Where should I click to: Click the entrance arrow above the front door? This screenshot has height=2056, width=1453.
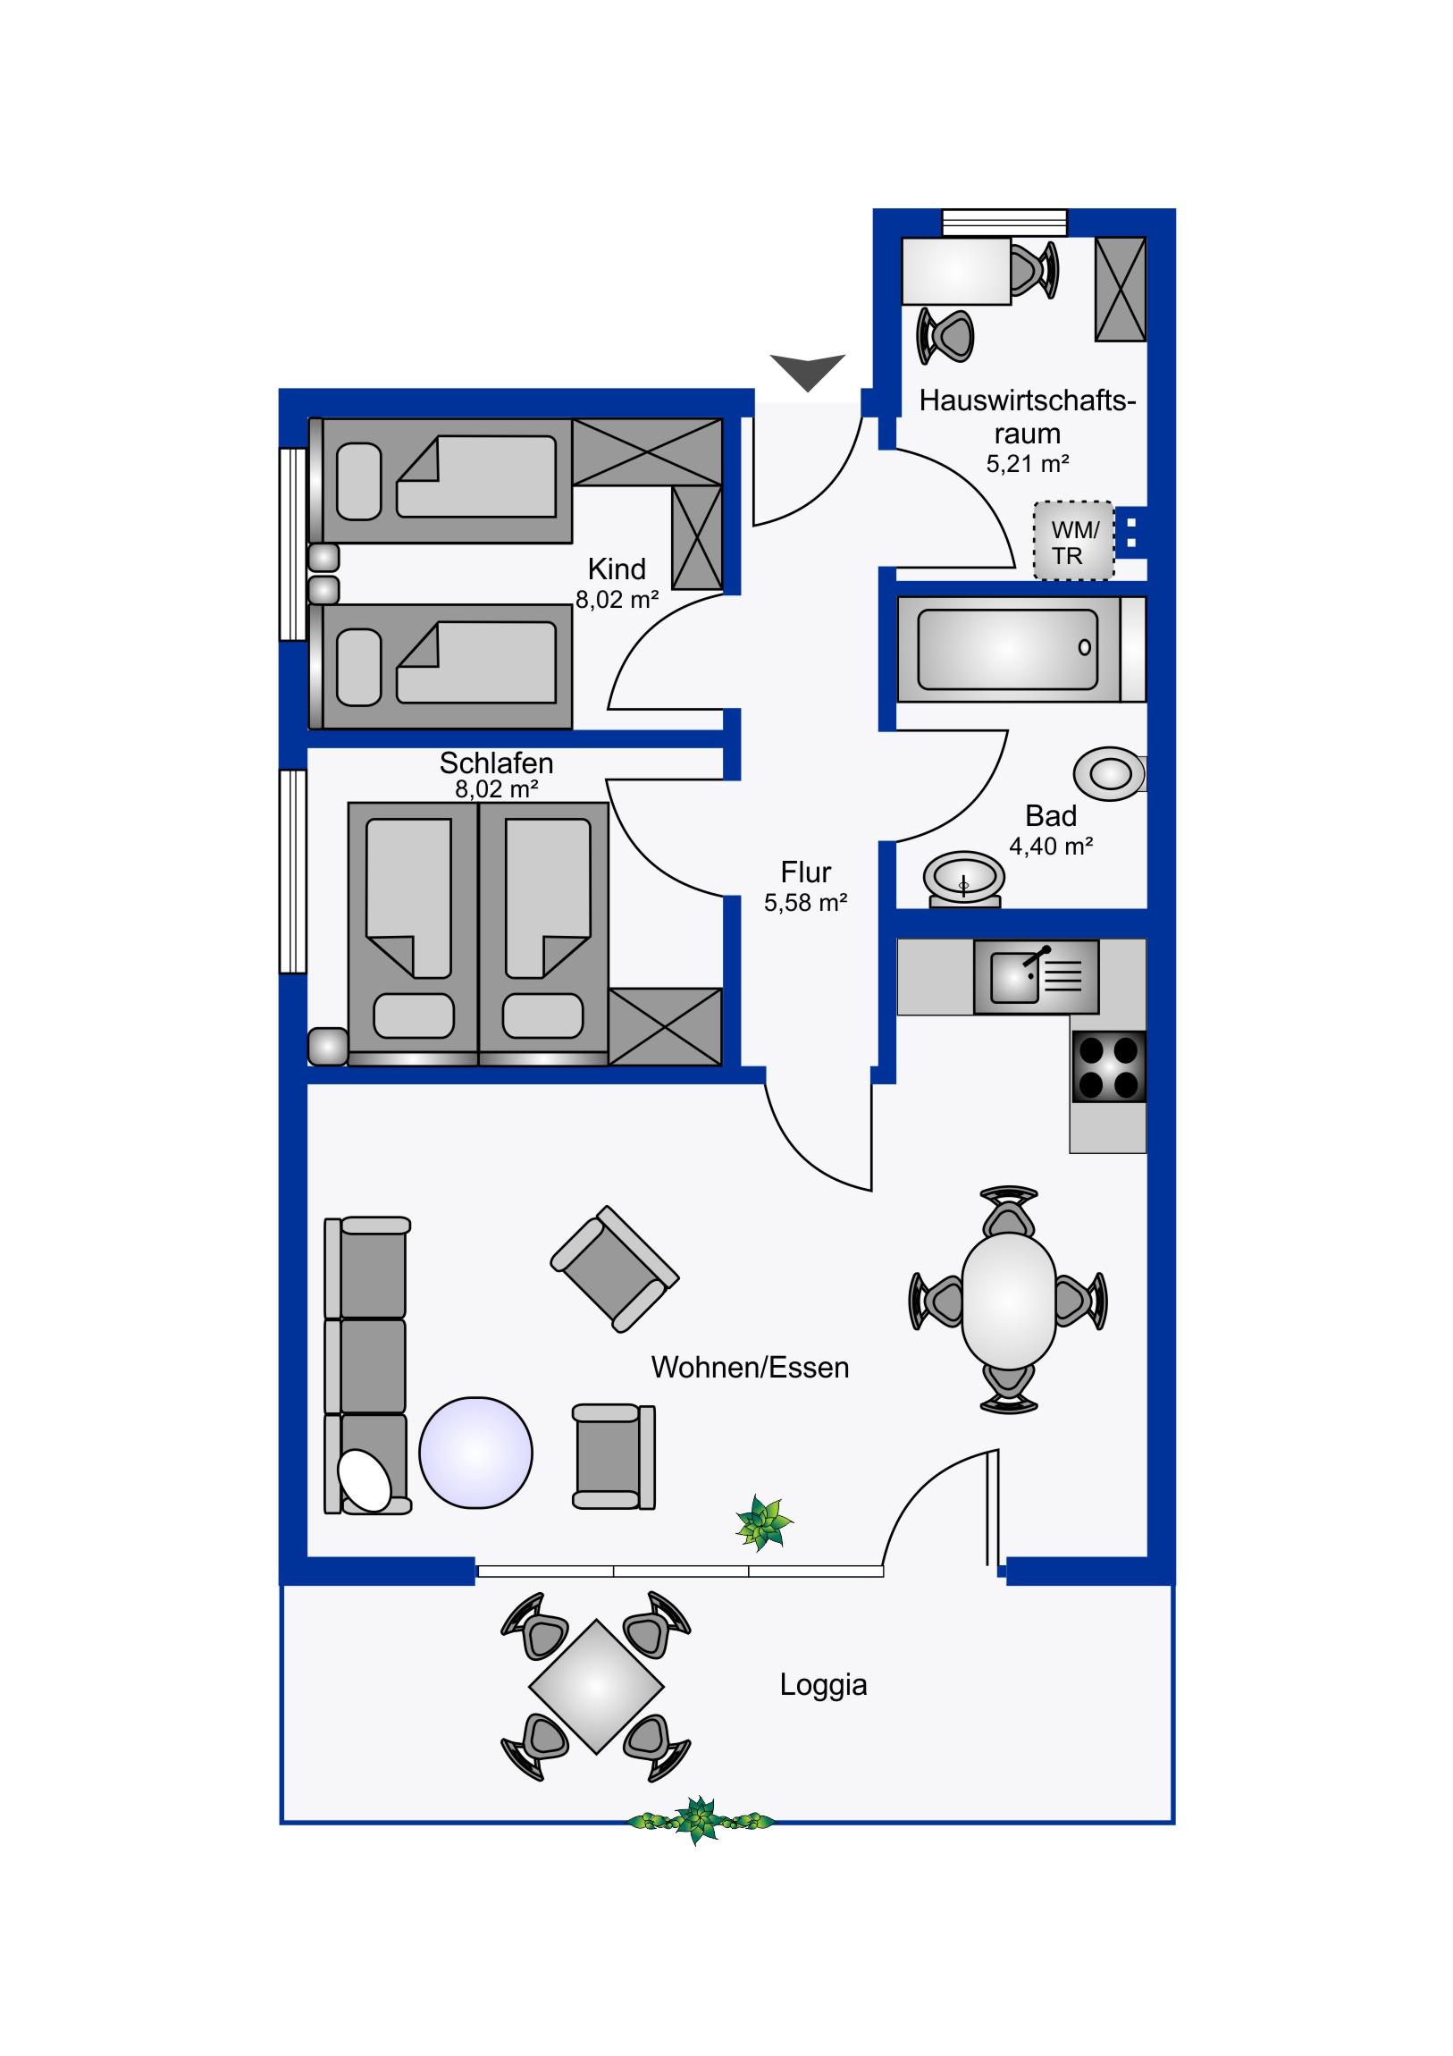807,369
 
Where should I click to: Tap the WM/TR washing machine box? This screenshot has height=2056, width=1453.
1073,541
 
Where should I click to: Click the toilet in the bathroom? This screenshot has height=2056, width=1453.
1110,774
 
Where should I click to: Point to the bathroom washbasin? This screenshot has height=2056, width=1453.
964,879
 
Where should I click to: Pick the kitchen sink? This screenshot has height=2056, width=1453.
1036,976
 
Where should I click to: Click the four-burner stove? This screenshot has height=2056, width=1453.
1108,1066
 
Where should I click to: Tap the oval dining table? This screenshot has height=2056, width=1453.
1009,1301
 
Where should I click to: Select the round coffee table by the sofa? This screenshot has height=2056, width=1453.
475,1453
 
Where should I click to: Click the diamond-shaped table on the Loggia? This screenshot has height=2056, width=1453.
596,1687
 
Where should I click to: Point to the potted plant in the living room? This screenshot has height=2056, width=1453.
764,1523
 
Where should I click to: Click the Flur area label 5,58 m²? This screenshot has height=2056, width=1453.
805,903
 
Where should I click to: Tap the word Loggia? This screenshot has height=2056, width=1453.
823,1684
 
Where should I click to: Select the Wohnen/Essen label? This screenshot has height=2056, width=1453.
750,1368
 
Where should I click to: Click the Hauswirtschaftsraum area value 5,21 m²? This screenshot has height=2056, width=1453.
1027,464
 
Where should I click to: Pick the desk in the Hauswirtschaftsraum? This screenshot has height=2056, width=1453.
956,271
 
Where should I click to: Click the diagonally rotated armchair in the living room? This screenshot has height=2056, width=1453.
615,1268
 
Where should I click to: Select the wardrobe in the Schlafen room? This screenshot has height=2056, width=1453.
664,1026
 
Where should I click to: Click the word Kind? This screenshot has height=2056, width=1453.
617,569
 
